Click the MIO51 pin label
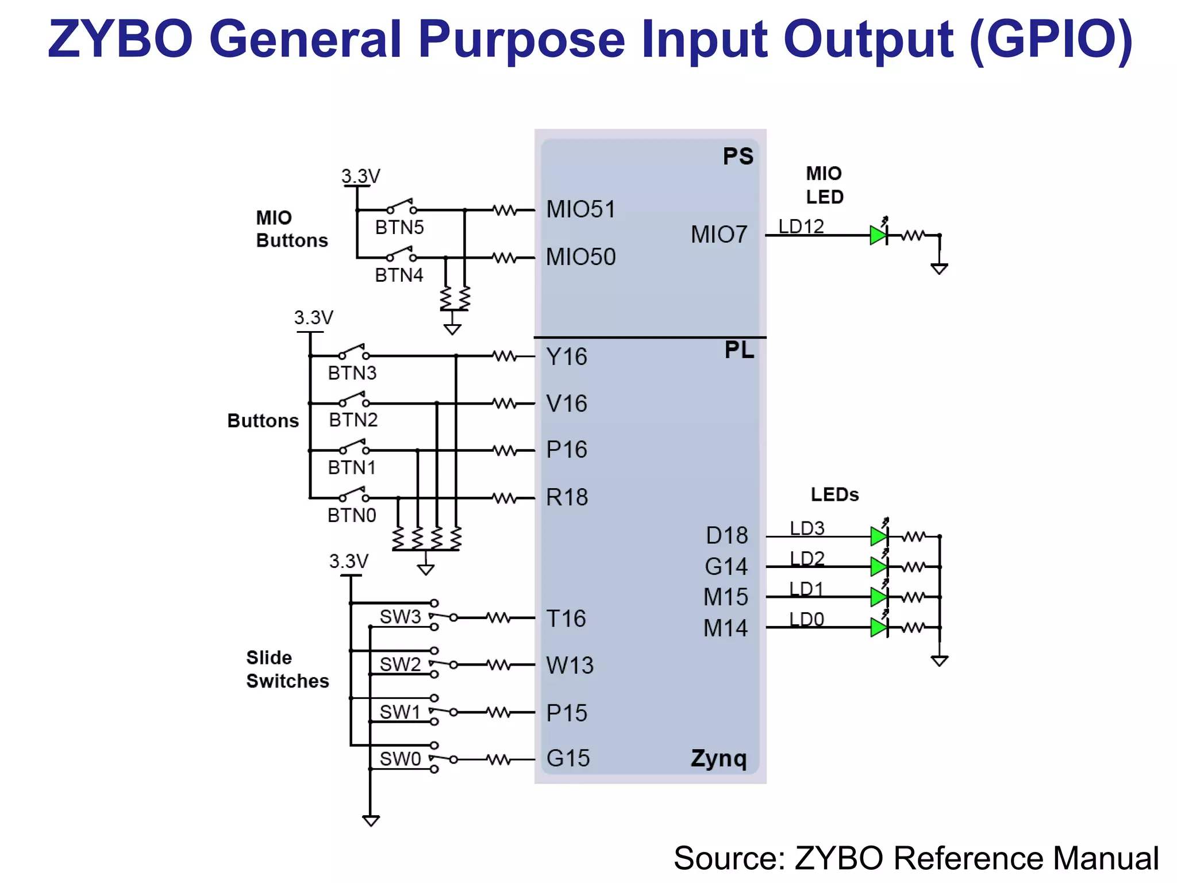[580, 209]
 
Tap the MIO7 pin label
[719, 235]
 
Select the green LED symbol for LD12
[878, 235]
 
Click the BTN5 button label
[399, 228]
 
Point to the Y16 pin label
[567, 357]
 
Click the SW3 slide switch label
[401, 617]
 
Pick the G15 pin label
[568, 758]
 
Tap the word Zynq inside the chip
[718, 758]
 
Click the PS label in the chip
[738, 156]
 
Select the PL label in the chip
[739, 350]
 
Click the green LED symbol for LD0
[878, 627]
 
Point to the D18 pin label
[727, 536]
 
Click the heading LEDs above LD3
[834, 495]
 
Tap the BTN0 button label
[352, 516]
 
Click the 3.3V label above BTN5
[361, 176]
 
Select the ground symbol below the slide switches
[371, 820]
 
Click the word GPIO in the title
[1051, 39]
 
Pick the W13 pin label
[570, 666]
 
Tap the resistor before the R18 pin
[505, 498]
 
